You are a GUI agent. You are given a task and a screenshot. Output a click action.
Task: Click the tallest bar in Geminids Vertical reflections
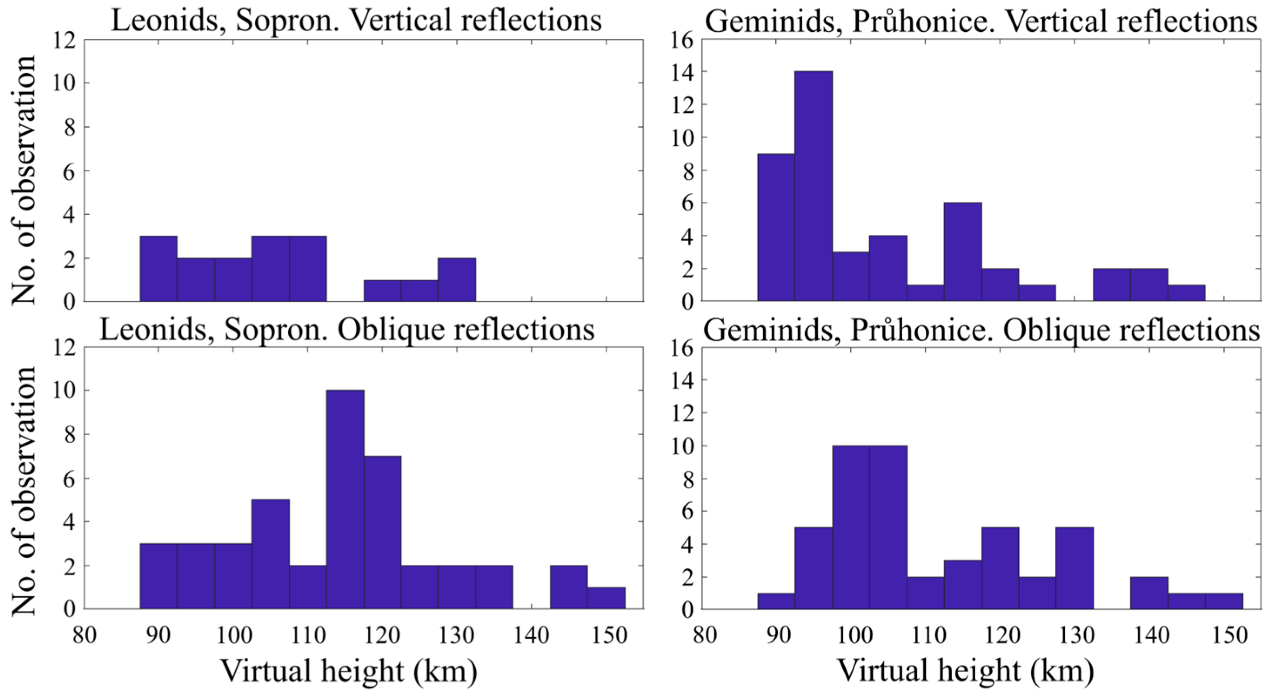[x=813, y=186]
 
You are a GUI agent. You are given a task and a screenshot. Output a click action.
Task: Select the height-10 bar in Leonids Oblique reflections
[x=345, y=499]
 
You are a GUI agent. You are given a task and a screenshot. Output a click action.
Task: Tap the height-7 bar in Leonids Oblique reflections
[x=382, y=533]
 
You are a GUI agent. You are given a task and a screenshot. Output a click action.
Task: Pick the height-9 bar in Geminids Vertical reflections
[x=776, y=227]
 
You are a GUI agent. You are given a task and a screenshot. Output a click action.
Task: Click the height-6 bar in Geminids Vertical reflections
[x=962, y=252]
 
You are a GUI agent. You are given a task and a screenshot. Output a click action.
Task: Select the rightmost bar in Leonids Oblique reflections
[x=606, y=598]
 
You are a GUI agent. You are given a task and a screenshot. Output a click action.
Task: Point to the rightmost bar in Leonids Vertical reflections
[x=457, y=280]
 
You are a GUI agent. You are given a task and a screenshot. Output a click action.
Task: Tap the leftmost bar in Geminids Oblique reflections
[x=776, y=601]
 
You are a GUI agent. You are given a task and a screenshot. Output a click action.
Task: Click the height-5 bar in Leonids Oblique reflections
[x=270, y=554]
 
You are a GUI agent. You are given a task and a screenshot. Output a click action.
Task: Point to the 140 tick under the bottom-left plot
[x=532, y=636]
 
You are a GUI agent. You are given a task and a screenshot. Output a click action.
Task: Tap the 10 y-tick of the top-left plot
[x=64, y=83]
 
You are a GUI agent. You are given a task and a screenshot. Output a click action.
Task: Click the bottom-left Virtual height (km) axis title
[x=349, y=671]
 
